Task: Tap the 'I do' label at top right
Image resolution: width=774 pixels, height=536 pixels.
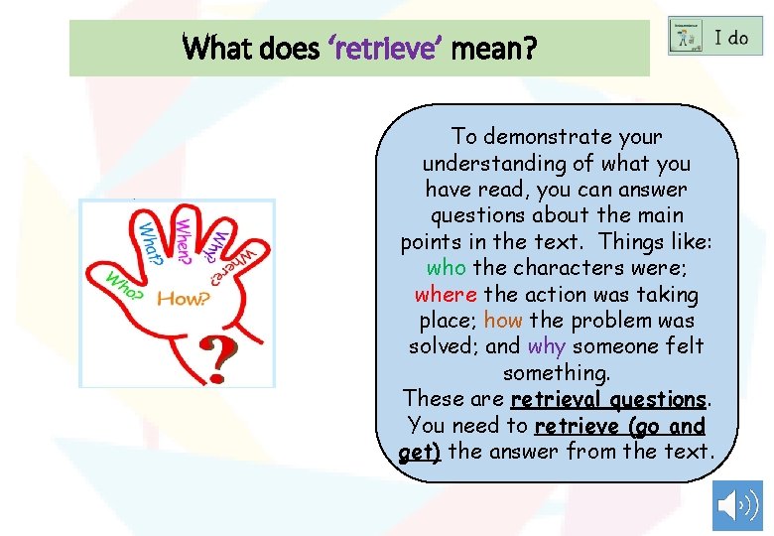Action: click(731, 38)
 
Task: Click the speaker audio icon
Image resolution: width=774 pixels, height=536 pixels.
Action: click(737, 506)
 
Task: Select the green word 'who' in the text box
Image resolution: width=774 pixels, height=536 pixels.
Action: click(447, 268)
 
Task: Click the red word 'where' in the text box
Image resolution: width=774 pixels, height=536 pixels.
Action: click(447, 295)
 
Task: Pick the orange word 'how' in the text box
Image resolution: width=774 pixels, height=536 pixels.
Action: click(503, 321)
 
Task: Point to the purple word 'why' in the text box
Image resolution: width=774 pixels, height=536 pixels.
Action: click(547, 346)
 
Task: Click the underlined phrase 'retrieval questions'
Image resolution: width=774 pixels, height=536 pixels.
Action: click(607, 399)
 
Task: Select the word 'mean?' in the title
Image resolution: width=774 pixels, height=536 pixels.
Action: click(493, 47)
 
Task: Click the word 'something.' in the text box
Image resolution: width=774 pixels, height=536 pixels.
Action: click(557, 373)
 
